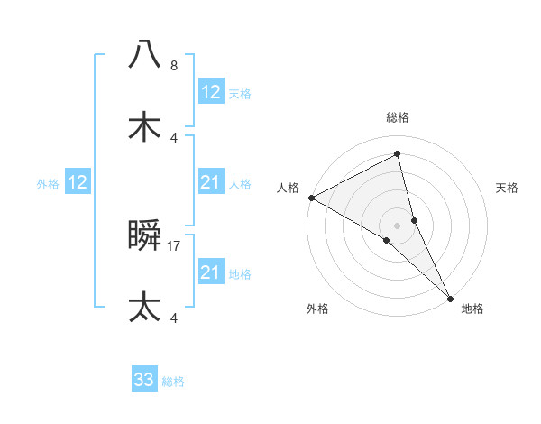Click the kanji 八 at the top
tap(144, 54)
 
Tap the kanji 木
tap(144, 127)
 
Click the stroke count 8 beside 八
tap(173, 66)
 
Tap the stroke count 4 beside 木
tap(173, 137)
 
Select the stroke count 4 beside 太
tap(173, 318)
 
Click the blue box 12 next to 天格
tap(210, 92)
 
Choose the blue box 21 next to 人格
tap(210, 182)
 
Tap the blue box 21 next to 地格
tap(210, 272)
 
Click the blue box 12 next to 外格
tap(77, 182)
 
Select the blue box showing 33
tap(144, 380)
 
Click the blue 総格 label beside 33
tap(173, 382)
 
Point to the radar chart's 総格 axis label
tap(398, 117)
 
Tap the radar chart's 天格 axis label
tap(507, 188)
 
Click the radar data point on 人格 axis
tap(310, 198)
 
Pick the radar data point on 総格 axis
tap(398, 154)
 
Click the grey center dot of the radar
tap(398, 224)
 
